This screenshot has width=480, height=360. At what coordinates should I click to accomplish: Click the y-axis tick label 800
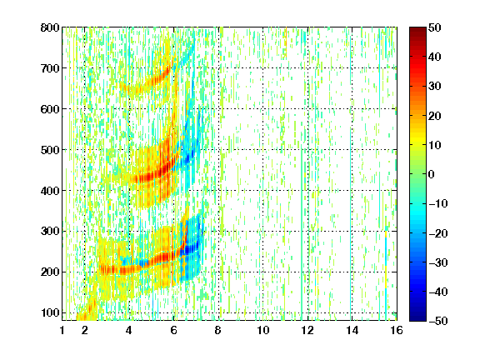coord(50,27)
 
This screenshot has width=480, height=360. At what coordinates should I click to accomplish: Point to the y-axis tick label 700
coord(50,68)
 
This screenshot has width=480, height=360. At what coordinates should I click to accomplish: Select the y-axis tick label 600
coord(50,109)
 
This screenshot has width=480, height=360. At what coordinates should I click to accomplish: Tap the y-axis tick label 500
coord(50,150)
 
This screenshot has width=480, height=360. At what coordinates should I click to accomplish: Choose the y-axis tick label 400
coord(50,191)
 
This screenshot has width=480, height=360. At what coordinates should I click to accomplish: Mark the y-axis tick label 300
coord(50,232)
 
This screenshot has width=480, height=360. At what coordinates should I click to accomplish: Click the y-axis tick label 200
coord(50,272)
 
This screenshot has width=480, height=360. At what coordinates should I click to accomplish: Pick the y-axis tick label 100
coord(50,312)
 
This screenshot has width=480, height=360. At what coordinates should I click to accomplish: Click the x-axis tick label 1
coord(62,330)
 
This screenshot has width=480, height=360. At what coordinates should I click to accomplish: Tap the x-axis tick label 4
coord(129,330)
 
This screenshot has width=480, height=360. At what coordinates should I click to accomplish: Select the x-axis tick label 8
coord(218,330)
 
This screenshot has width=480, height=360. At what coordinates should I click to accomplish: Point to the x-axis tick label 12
coord(307,330)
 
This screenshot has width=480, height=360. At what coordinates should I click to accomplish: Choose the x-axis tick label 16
coord(397,330)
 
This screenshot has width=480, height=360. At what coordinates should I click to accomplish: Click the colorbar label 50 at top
coord(434,27)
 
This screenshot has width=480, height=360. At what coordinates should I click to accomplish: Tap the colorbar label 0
coord(432,174)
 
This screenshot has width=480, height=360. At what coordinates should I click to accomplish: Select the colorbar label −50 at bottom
coord(438,321)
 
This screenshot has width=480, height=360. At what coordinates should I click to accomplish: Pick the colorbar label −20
coord(438,233)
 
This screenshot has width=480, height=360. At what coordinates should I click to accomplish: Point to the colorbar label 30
coord(434,87)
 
